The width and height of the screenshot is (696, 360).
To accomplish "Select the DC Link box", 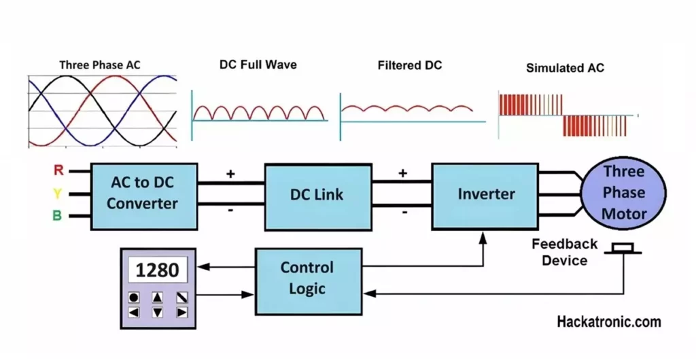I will (317, 194).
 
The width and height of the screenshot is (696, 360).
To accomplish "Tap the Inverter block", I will (486, 194).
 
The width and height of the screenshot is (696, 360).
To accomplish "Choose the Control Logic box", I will (308, 278).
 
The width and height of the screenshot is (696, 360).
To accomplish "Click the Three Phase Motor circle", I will (624, 192).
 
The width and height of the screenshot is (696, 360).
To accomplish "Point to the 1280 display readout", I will (158, 270).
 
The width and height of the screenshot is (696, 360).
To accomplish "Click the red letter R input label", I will (58, 170).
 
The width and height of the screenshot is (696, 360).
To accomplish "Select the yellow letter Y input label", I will (58, 194).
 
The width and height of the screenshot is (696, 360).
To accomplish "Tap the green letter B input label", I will (58, 217).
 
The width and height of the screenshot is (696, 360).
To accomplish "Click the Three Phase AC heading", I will (100, 65).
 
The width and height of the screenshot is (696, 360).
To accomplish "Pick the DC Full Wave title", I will (258, 65).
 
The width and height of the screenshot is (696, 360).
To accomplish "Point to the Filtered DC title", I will (410, 65).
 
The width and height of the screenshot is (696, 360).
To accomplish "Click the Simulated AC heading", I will (565, 68).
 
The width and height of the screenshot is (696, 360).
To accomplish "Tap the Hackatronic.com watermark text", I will (608, 322).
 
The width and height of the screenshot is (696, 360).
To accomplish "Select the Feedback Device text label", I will (564, 252).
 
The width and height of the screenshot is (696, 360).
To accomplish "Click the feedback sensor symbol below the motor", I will (623, 249).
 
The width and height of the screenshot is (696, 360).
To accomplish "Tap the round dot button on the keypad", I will (134, 298).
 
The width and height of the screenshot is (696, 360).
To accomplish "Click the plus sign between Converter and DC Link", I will (230, 174).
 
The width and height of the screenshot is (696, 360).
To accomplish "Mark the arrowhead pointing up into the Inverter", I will (483, 236).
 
